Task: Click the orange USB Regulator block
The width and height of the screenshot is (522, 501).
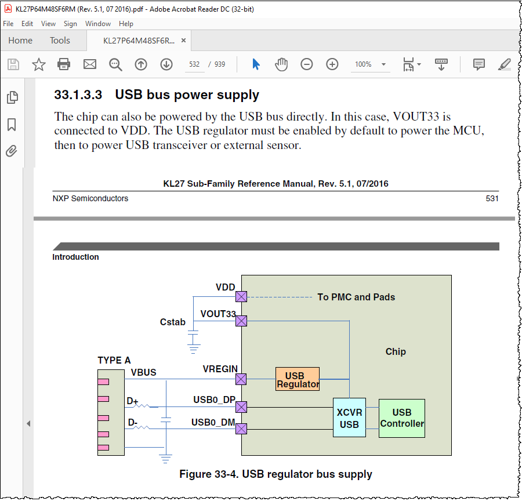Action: (x=297, y=379)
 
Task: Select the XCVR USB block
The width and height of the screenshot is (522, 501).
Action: (x=349, y=418)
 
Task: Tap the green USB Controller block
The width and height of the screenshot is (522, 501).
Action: (x=401, y=418)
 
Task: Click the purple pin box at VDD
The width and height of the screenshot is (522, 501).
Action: (x=241, y=297)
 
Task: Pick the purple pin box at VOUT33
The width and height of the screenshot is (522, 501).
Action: (x=241, y=321)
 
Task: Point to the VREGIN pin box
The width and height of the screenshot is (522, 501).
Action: (x=241, y=379)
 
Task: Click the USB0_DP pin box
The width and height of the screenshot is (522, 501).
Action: (x=241, y=407)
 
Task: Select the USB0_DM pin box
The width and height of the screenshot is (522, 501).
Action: (x=241, y=429)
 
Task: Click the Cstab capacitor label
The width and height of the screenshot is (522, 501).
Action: (x=172, y=321)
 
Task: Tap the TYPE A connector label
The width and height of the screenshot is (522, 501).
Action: (x=114, y=360)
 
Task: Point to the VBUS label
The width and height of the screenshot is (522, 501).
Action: (x=143, y=372)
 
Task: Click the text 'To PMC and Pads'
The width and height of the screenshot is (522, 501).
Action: (x=356, y=297)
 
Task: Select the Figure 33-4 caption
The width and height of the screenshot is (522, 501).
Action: (x=275, y=474)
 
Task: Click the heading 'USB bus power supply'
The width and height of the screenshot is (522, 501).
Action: (x=187, y=95)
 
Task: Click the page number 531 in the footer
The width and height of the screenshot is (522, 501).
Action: (x=492, y=198)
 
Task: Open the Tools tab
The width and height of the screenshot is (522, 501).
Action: (x=60, y=41)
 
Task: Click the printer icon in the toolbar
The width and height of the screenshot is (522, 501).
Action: (x=64, y=64)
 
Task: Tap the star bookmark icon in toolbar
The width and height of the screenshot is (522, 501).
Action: (x=39, y=64)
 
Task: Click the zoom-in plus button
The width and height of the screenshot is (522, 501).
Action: (x=332, y=64)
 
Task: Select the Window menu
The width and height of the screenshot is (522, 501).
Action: (x=97, y=24)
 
